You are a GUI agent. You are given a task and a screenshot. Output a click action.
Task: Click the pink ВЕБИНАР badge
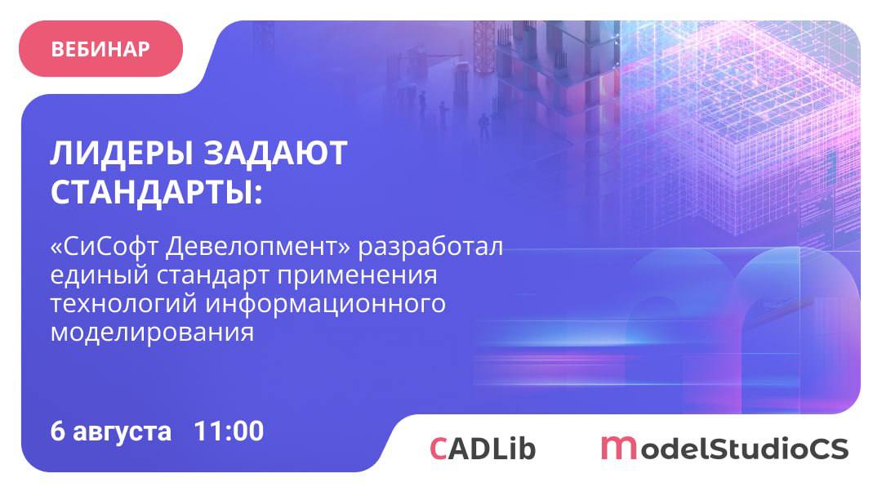(100, 49)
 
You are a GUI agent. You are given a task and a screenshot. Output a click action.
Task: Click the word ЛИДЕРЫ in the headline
(121, 154)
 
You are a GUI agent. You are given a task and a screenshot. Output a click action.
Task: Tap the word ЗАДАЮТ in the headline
(274, 153)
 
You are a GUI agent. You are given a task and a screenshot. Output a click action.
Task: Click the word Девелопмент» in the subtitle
(258, 247)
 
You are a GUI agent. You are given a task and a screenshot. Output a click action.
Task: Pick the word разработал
(430, 248)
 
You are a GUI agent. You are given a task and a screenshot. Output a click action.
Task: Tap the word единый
(99, 276)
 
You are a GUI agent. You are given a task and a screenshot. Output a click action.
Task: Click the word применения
(357, 277)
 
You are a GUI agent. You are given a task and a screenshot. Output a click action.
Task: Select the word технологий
(123, 304)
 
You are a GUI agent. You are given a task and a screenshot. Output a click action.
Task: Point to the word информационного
(325, 305)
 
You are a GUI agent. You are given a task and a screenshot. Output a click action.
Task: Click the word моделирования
(152, 333)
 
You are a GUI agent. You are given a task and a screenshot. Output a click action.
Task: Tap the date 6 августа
(111, 431)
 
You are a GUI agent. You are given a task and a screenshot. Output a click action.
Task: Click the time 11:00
(229, 431)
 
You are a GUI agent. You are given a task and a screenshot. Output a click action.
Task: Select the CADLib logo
(483, 449)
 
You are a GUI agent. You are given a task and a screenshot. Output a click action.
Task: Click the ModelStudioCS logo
(724, 448)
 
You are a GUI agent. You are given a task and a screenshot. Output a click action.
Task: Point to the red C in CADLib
(439, 449)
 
